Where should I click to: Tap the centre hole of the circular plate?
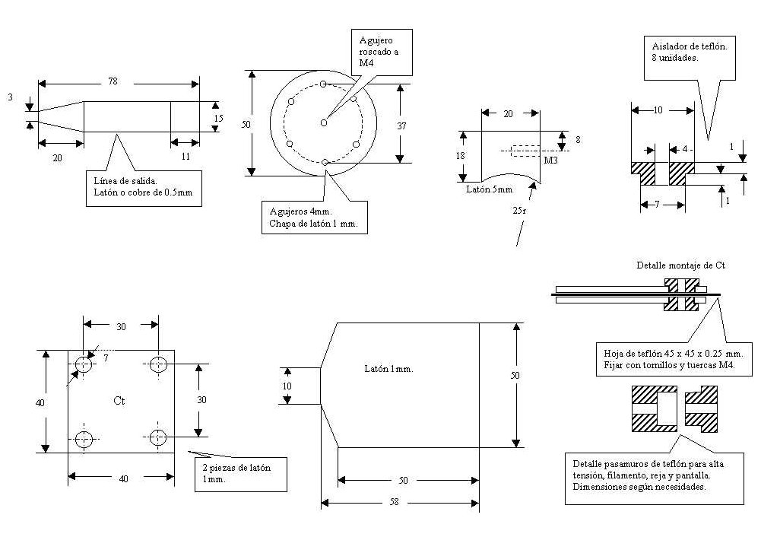[324, 122]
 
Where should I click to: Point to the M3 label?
[550, 161]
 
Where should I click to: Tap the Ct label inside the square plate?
[119, 400]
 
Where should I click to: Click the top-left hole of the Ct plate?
[83, 365]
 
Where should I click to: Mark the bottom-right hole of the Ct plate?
[157, 437]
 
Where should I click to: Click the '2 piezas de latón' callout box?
[243, 473]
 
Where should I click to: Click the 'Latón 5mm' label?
[490, 189]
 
